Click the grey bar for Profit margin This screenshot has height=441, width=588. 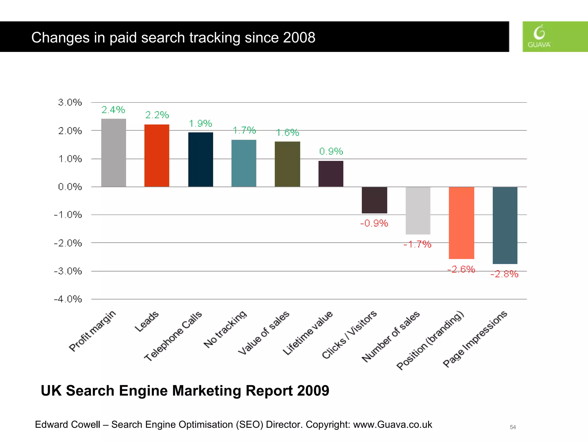pos(113,153)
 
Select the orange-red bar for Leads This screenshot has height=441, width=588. pos(157,156)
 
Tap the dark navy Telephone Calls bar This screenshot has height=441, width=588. pos(200,160)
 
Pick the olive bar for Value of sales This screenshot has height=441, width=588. pos(287,164)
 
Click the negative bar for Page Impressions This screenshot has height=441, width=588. pos(505,225)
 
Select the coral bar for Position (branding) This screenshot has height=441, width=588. pos(461,223)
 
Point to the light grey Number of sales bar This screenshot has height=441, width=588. pos(418,210)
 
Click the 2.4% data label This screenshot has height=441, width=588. pos(113,110)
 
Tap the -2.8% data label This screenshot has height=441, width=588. pos(504,274)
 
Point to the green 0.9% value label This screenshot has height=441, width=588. pos(331,151)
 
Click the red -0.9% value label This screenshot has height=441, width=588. pos(374,223)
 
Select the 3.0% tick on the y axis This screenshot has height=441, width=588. pos(70,102)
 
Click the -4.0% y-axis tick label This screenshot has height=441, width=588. pos(68,299)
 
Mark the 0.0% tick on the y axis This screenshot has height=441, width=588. pos(70,187)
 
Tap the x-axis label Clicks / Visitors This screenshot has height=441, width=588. pos(349,335)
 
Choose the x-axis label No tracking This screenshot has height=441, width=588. pos(225,329)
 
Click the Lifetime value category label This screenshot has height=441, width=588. pos(307,333)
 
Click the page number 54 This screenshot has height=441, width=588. pos(513,427)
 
